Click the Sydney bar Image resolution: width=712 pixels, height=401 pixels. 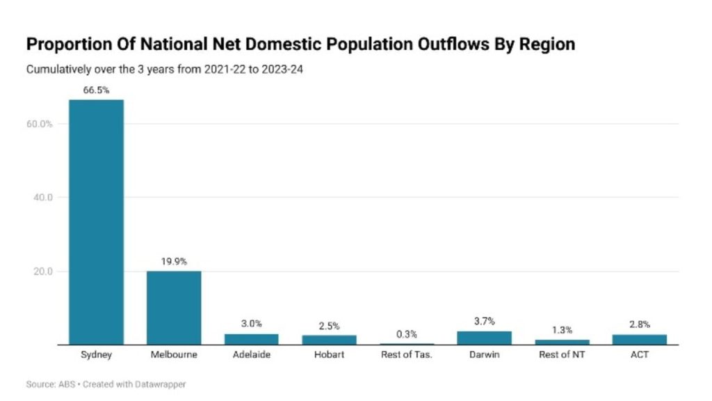96,222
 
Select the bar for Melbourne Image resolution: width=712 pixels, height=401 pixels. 174,308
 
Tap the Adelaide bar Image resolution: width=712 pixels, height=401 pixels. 251,339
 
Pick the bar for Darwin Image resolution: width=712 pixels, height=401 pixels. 484,338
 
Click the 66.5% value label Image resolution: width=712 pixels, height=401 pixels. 96,90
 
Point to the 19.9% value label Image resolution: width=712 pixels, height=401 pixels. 174,261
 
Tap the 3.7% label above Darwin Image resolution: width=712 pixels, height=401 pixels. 484,321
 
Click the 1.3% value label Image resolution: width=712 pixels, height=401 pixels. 562,330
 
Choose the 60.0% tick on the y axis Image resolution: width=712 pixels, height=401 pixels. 40,124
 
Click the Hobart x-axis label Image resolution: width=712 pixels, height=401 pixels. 329,355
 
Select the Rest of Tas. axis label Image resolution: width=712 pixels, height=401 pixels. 407,355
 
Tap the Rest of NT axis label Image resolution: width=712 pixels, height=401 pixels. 562,355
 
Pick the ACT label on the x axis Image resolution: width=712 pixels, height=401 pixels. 639,355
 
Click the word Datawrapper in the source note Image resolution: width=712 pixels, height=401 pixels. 161,384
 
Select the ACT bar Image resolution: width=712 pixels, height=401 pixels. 639,340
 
